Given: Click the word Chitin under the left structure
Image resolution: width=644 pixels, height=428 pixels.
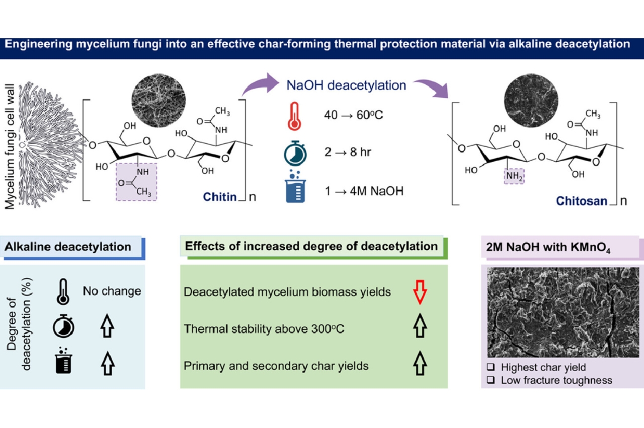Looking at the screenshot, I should coord(219,196).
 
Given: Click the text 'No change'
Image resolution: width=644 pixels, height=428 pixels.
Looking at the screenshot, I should coord(112,291).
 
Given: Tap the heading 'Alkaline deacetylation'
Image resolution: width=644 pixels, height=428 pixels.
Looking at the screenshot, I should coord(67,247).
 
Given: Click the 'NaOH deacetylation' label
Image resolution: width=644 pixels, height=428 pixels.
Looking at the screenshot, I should coord(346,85).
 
